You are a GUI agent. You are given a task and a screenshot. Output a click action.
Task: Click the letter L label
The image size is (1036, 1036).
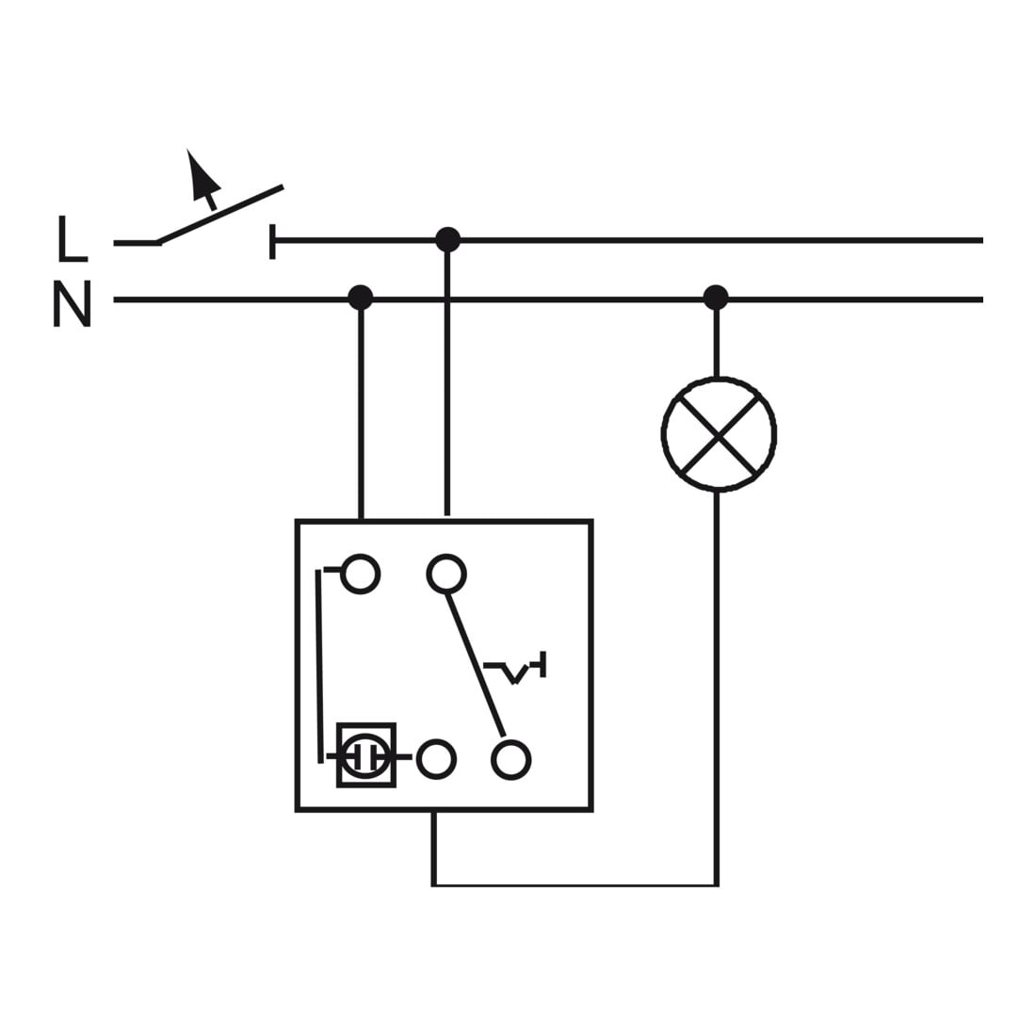coord(72,238)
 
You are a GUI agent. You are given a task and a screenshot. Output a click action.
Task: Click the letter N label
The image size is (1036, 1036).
coord(72,304)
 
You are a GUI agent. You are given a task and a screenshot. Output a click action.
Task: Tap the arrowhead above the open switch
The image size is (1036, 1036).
coord(202,174)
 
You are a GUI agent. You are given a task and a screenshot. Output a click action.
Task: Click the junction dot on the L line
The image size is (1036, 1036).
coord(448,240)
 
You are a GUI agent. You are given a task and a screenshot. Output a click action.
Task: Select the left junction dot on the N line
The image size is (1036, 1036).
coord(360,298)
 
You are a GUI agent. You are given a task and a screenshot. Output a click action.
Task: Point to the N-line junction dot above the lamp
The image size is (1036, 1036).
coord(716,298)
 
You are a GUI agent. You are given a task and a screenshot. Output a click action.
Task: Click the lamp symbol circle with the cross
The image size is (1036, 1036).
coord(719,434)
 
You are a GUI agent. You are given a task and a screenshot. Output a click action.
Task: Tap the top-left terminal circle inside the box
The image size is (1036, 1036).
coord(360,574)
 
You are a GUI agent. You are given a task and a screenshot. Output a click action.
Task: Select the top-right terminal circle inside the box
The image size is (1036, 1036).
coord(446,574)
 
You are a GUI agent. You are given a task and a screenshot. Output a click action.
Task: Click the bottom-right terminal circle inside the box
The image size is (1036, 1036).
coord(510,760)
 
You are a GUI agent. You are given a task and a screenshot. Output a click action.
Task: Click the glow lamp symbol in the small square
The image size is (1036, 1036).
coord(366,755)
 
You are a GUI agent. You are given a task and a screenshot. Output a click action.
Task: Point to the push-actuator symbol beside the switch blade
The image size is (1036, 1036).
coord(516,668)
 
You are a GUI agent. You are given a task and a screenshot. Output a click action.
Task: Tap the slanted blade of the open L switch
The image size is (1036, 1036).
coord(219,214)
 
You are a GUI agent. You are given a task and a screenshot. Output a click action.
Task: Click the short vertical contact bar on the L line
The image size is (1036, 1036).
coord(272,241)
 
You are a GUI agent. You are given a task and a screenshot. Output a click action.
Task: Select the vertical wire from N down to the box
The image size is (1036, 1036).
coord(361,410)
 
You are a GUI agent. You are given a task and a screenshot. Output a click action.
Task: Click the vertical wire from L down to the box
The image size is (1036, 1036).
coord(447,378)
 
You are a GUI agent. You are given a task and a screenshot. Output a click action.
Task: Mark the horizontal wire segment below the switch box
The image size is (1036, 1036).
coord(575,884)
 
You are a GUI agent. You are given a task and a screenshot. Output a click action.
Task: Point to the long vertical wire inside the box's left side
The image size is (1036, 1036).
coord(319,666)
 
